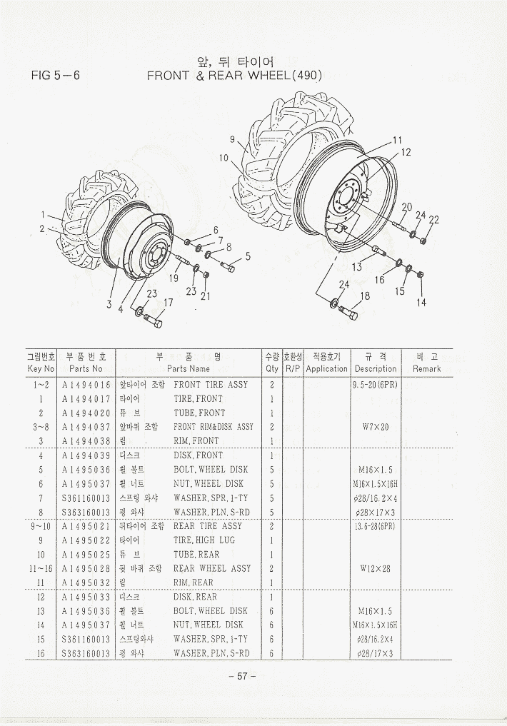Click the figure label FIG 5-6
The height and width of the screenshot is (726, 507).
tap(61, 75)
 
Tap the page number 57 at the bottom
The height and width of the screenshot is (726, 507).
tap(242, 677)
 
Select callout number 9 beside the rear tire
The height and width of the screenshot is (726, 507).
tap(233, 139)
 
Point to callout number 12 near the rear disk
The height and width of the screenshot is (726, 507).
tap(406, 152)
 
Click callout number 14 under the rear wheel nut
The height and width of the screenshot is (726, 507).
tap(422, 303)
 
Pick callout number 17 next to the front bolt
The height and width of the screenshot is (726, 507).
tap(169, 303)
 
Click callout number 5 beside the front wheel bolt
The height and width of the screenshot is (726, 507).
tap(247, 256)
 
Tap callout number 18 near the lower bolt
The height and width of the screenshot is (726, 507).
tap(365, 296)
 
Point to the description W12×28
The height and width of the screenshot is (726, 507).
tap(374, 569)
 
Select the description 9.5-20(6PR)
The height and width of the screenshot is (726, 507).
tap(374, 385)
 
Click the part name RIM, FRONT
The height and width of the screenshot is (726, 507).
tap(196, 441)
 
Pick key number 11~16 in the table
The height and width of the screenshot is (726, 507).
tap(41, 569)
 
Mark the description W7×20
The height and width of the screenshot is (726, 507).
tap(374, 427)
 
